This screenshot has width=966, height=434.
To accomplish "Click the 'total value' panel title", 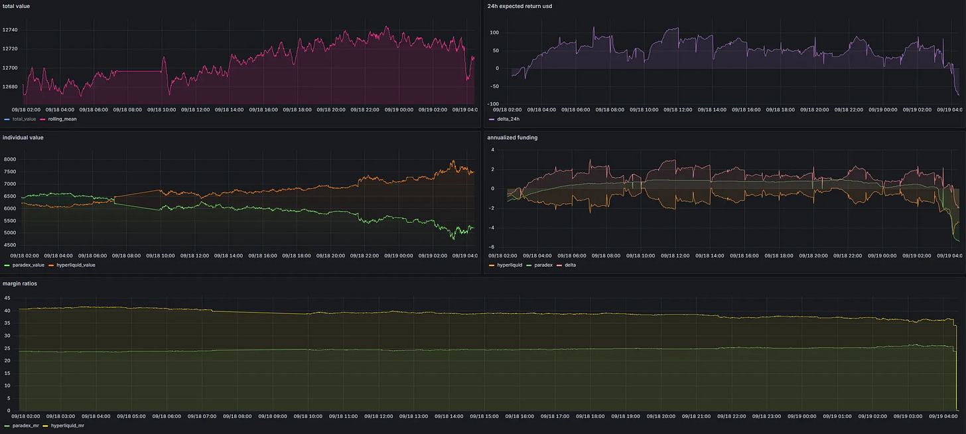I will point(16,6).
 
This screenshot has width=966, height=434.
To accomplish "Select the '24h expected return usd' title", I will point(519,6).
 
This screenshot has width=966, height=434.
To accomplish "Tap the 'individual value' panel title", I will point(23,137).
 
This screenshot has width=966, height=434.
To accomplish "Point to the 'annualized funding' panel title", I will point(512,137).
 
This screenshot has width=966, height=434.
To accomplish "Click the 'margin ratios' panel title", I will point(20,283).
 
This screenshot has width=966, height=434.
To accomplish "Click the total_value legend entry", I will point(25,119).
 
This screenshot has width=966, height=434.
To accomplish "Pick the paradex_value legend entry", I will point(28,265).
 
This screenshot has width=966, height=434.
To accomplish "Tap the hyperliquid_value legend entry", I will point(79,265).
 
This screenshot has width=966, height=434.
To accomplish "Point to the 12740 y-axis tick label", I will point(10,31).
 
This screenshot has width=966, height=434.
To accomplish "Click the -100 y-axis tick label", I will point(493,104).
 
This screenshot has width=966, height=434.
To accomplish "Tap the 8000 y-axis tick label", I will point(9,160).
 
